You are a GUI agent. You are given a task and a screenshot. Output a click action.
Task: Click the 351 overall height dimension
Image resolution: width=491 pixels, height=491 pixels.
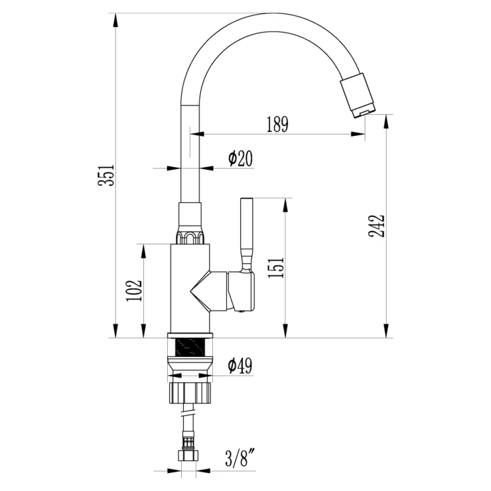tap(106, 175)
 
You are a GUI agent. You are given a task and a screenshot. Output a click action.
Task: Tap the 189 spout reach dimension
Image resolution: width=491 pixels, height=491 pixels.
tap(277, 124)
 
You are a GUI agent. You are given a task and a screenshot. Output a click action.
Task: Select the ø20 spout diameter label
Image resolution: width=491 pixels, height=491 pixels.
tap(240, 159)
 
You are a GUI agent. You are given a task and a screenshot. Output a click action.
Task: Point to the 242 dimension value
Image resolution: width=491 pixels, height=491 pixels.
tap(376, 226)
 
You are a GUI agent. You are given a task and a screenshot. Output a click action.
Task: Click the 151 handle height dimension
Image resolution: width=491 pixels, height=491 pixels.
tap(276, 268)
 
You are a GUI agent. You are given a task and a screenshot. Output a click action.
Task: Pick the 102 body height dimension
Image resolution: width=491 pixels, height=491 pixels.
tap(134, 291)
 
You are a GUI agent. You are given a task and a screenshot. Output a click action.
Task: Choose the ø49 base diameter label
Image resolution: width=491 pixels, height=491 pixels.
tap(240, 366)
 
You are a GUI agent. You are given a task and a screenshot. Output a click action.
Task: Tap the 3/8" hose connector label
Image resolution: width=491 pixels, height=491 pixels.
tap(240, 458)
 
